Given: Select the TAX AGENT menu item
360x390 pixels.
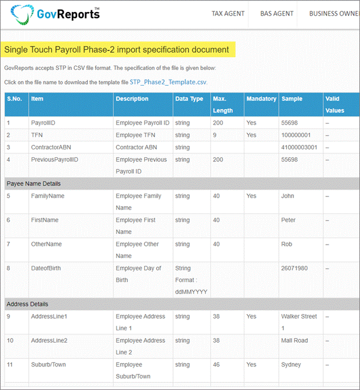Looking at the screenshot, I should coord(228,14).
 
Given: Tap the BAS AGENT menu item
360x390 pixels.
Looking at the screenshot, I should coord(277,14).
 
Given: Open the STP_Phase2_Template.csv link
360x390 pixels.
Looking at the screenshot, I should coord(168,82).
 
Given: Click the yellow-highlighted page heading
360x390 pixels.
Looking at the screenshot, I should coord(117,49).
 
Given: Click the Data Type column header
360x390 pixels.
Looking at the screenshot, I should coord(189,99).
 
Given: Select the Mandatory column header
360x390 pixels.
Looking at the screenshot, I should coord(261,99).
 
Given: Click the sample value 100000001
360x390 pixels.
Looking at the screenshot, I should coord(296,135).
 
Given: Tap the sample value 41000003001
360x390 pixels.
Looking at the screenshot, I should coord(299,147).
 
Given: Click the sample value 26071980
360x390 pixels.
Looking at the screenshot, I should coord(294,268).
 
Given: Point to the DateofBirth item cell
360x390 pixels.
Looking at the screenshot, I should coord(46,268).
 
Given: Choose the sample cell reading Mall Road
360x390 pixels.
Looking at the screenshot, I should coord(295,341).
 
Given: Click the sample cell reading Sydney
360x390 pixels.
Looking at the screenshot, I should coord(291,365).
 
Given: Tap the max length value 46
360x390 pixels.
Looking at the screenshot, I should coord(217,365).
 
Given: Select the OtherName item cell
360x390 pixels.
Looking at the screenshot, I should coord(47,244).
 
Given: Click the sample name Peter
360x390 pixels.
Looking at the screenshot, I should coord(289,220).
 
